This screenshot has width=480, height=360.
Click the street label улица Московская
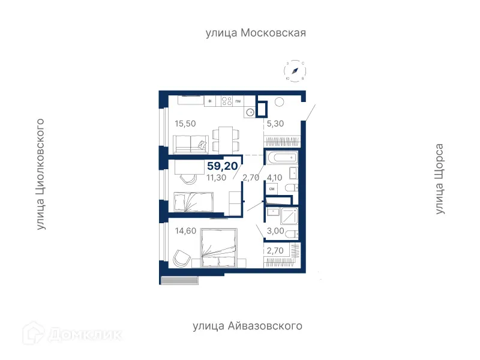pos(256,33)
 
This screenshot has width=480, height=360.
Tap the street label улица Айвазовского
pos(247,326)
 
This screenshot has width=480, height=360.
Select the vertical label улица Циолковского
pos(41,174)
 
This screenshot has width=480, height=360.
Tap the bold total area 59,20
pos(222,166)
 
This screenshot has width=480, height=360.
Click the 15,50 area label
pos(185,124)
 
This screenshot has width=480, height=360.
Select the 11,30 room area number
pos(217,177)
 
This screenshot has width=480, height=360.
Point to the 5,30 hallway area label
pos(275,124)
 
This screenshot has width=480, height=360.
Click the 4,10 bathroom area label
pos(275,177)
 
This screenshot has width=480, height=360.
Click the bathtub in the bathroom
pos(281,158)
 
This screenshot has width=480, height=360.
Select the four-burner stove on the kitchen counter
pos(227,101)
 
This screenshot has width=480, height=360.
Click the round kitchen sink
pos(249,112)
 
